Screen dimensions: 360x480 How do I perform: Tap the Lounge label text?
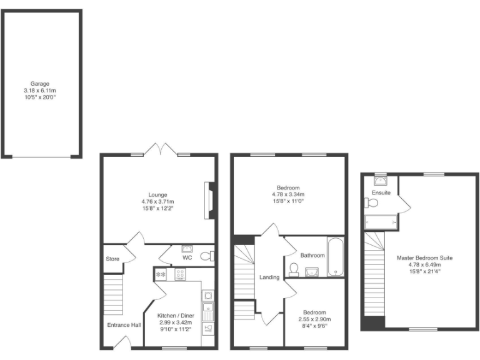157,195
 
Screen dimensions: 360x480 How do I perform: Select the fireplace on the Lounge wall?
211,200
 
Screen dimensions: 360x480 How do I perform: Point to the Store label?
112,258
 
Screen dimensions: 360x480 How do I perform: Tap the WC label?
187,257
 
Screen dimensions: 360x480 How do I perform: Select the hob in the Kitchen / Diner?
181,273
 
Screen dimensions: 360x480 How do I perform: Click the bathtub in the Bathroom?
335,256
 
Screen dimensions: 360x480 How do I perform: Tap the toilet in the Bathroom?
294,269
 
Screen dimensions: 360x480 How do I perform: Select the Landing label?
269,277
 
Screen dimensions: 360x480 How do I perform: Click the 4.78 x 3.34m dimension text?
288,195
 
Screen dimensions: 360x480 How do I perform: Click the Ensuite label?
381,192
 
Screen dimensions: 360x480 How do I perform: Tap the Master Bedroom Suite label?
424,257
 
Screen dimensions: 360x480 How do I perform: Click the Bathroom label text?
312,255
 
